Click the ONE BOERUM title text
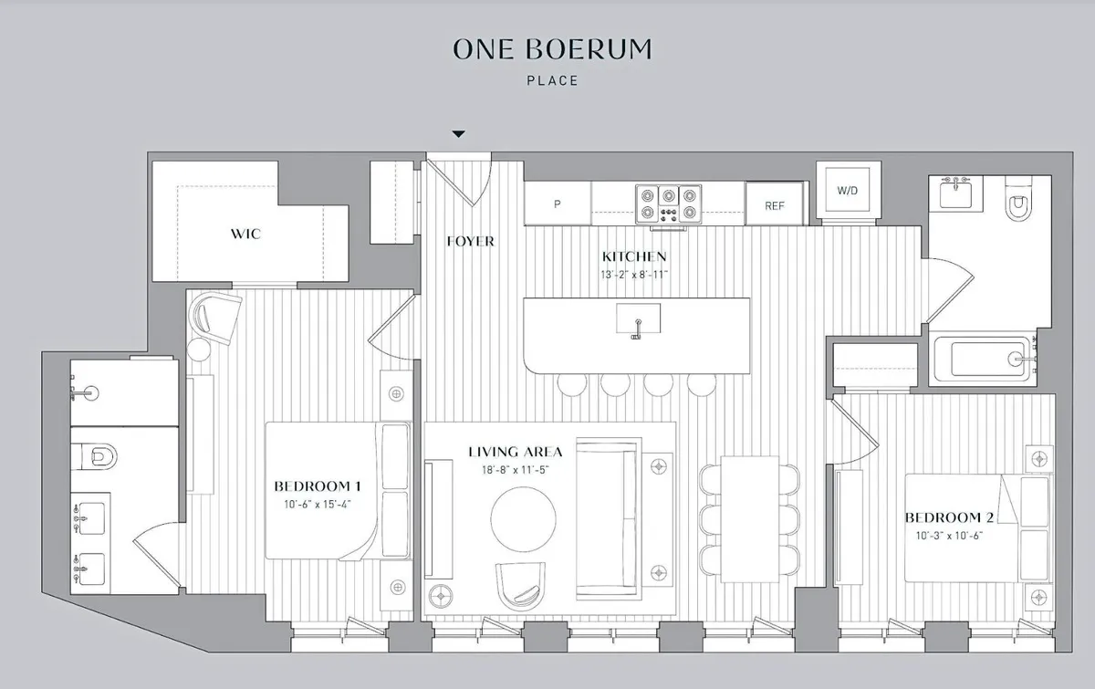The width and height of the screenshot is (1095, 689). tap(552, 48)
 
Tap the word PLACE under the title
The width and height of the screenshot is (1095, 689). tap(552, 80)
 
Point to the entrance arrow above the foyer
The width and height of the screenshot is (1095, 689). tap(459, 134)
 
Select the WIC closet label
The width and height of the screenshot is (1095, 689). tap(245, 234)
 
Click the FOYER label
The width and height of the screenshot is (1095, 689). tap(471, 241)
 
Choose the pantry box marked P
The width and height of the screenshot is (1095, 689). tap(557, 204)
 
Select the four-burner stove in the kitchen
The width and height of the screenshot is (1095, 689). tap(668, 203)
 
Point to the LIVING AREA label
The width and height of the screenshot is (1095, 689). tap(516, 452)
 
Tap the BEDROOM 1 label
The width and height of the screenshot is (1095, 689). tap(318, 485)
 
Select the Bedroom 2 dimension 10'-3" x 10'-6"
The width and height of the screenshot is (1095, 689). tap(949, 535)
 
